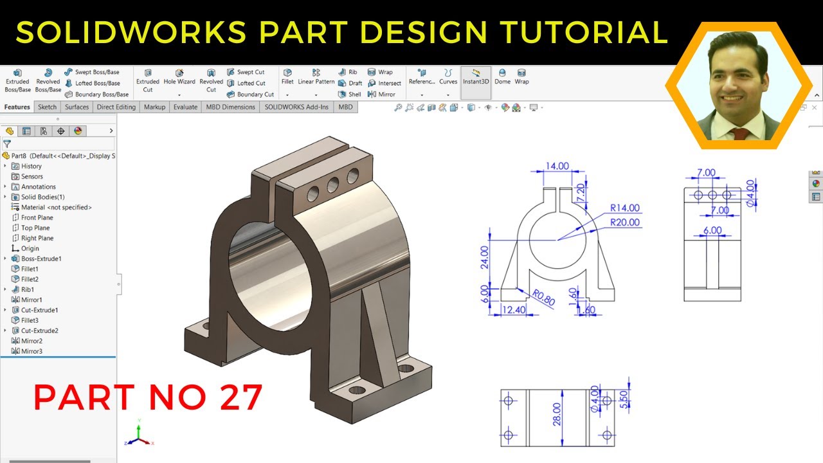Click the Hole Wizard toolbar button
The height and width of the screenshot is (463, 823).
(x=179, y=77)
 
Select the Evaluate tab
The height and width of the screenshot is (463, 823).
(x=185, y=107)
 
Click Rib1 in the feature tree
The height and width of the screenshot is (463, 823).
(x=28, y=289)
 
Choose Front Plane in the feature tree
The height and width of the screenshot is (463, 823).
(x=37, y=217)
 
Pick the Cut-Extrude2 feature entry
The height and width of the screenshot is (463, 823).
(x=39, y=331)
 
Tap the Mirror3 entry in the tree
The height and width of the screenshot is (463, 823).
(x=32, y=351)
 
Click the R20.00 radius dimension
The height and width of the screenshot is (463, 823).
(x=625, y=222)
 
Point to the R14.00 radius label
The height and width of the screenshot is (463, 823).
(x=625, y=208)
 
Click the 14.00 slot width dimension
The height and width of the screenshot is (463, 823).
(x=557, y=166)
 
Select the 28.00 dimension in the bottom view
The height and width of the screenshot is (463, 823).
(x=557, y=414)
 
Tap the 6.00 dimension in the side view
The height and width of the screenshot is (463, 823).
(x=712, y=230)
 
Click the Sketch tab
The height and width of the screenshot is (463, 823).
(x=47, y=107)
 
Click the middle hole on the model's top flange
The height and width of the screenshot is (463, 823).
(x=333, y=185)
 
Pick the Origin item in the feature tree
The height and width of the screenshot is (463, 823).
(x=30, y=248)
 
